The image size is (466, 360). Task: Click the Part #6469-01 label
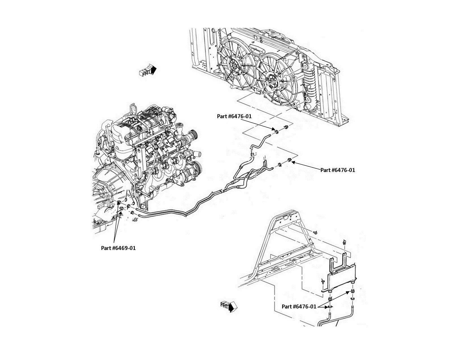(118, 248)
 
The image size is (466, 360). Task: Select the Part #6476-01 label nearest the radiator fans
(234, 116)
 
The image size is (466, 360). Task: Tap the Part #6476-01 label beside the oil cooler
(299, 306)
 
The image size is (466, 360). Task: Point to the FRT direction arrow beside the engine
(148, 71)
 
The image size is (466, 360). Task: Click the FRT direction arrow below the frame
(229, 306)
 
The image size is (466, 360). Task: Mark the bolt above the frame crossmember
(315, 232)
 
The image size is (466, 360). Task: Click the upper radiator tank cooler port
(306, 67)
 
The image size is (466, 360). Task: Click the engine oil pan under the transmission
(102, 223)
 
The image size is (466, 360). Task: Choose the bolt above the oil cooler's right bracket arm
(345, 242)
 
